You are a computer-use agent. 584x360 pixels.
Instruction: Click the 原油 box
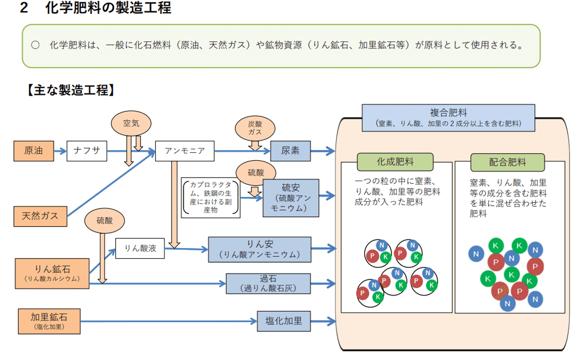(34, 151)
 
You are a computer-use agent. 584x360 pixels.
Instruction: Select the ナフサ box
(87, 151)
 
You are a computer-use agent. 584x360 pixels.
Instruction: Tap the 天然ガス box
(40, 216)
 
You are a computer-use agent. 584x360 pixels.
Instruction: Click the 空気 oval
(131, 123)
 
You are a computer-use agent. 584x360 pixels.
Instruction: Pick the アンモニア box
(185, 151)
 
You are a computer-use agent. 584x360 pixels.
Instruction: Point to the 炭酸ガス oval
(255, 128)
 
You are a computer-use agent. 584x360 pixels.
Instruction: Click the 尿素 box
(290, 151)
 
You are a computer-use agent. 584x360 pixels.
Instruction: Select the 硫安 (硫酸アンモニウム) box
(291, 198)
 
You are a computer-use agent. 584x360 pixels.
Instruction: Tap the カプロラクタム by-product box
(210, 198)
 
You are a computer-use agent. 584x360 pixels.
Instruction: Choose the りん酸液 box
(140, 248)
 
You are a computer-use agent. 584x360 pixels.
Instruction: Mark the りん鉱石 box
(52, 274)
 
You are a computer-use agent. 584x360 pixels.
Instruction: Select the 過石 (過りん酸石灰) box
(268, 283)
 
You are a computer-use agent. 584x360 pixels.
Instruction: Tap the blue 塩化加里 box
(283, 321)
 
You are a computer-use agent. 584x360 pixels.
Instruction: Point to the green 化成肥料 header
(395, 162)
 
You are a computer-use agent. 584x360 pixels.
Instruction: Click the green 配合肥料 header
(507, 162)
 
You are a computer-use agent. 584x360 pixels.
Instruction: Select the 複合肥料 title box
(448, 118)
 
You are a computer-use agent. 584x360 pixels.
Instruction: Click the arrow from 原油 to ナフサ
(60, 151)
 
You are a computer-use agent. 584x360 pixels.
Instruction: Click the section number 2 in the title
(24, 8)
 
